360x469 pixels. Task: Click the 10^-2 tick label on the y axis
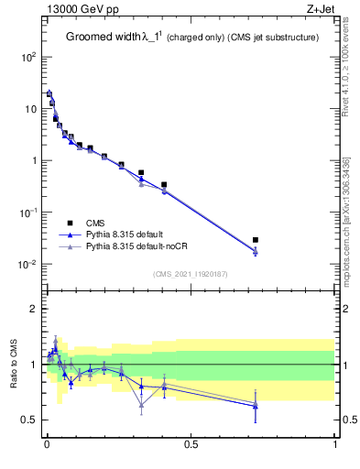click(28, 265)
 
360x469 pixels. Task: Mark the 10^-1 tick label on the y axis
click(28, 213)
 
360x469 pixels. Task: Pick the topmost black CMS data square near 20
click(49, 93)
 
